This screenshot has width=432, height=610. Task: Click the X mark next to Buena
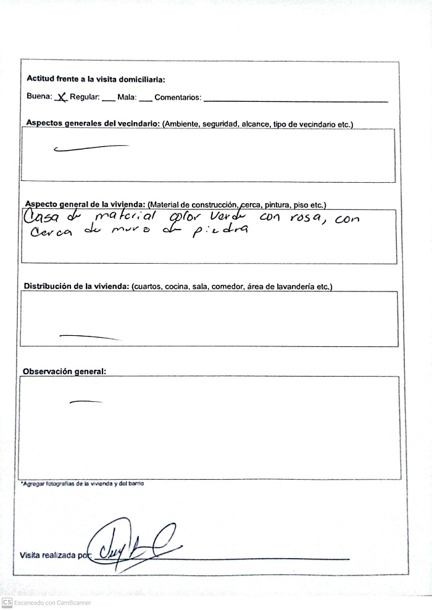[x=60, y=97]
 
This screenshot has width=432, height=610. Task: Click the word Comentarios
[x=177, y=98]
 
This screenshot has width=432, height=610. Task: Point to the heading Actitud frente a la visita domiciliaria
[x=96, y=79]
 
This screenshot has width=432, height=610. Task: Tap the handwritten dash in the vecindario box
[x=91, y=148]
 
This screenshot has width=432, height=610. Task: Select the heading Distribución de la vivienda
[x=76, y=286]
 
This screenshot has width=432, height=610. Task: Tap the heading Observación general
[x=64, y=372]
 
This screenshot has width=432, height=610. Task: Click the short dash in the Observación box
[x=86, y=402]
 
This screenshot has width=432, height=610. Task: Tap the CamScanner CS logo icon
[x=7, y=602]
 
